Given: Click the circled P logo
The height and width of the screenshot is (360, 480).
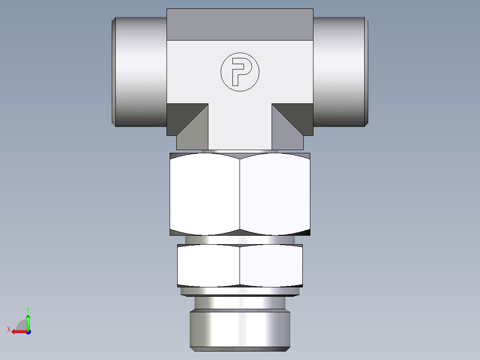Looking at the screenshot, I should coord(240,72).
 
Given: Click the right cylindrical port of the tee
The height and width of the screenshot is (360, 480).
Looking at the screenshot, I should coord(339,71).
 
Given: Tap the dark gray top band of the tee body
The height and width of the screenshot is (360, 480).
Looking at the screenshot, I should coord(240,25).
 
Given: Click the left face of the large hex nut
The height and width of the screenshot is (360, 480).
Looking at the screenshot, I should coord(205,194).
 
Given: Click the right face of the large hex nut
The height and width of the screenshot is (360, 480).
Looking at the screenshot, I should coord(275,194).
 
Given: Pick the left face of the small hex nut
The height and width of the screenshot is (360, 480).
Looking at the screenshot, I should coord(208,266).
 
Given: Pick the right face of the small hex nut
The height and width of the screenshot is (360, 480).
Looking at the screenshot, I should coord(271,266).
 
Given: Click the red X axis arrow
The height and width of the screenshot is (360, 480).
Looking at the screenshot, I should coord(18,331).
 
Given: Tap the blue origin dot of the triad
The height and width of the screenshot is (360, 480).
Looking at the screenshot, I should coord(28,331).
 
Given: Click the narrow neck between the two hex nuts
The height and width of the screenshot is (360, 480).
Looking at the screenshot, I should coord(240,240).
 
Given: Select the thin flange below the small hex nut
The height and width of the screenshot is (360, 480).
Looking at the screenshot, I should coord(240,291).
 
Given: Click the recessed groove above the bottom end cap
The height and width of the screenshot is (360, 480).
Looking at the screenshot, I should coord(240,303).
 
